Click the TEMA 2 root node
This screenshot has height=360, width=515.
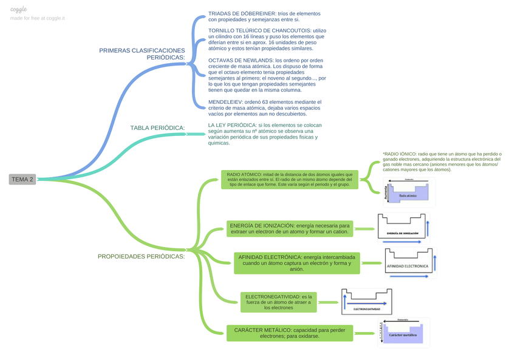click(x=22, y=179)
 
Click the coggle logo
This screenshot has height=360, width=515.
click(x=19, y=9)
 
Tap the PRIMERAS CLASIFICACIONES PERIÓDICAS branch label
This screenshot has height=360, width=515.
click(x=142, y=54)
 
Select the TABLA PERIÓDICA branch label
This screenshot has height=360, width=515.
click(x=157, y=128)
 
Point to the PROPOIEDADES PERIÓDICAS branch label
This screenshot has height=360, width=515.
click(x=141, y=256)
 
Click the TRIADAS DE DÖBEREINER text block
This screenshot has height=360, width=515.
click(x=264, y=16)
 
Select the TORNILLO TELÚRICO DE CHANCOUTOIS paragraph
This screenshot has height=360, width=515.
click(x=266, y=39)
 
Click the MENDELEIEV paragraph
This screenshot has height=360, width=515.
click(x=265, y=107)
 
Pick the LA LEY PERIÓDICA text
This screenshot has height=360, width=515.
click(x=264, y=134)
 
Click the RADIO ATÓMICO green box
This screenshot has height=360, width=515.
click(x=290, y=180)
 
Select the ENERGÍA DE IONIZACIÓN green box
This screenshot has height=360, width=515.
click(x=290, y=228)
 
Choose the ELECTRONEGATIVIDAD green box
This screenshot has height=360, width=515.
click(x=278, y=302)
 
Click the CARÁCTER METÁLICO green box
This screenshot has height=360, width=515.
click(x=290, y=333)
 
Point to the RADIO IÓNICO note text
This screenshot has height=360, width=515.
click(x=442, y=161)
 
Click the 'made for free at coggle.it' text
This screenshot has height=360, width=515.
click(x=38, y=18)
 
